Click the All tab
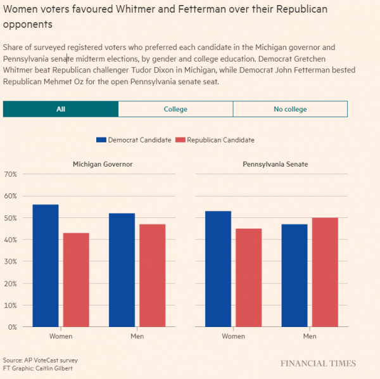coord(61,109)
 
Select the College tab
coord(175,109)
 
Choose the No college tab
coord(290,109)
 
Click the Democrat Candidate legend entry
coord(134,139)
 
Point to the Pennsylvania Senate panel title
coord(275,164)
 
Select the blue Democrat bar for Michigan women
coord(46,266)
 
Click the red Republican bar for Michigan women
coord(76,279)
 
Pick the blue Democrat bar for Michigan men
coord(122,270)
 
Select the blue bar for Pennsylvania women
coord(218,269)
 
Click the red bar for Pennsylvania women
coord(248,278)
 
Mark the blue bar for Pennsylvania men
coord(294,275)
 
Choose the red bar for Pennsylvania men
coord(325,272)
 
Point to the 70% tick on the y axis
coord(10,174)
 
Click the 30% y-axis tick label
coord(10,261)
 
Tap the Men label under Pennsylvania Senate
coord(310,336)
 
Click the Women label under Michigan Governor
coord(61,336)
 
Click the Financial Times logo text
coord(318,364)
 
